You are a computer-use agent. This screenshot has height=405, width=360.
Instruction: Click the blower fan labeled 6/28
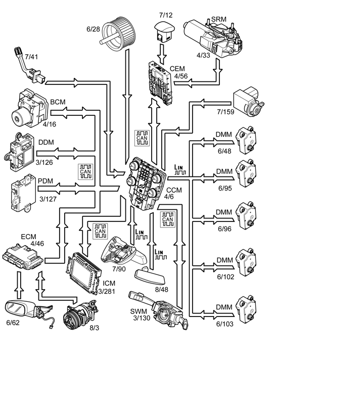(118, 34)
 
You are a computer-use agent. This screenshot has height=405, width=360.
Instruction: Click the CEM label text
(177, 69)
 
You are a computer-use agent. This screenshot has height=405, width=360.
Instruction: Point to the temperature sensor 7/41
(29, 66)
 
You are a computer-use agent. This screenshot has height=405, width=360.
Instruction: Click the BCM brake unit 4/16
(29, 109)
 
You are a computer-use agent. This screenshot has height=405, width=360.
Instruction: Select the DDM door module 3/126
(20, 152)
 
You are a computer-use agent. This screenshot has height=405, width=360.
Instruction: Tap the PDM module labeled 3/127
(23, 193)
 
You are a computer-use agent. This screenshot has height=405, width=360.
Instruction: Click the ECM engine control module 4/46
(23, 257)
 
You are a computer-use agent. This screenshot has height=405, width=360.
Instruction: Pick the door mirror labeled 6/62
(29, 312)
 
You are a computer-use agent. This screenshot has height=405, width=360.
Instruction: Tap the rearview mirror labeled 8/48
(150, 277)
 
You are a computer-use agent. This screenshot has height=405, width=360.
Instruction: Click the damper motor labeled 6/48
(247, 140)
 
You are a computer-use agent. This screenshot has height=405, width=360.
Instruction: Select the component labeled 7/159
(248, 102)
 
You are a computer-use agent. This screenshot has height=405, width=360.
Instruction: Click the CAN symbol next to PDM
(85, 172)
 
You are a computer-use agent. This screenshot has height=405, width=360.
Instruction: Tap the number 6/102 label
(226, 277)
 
